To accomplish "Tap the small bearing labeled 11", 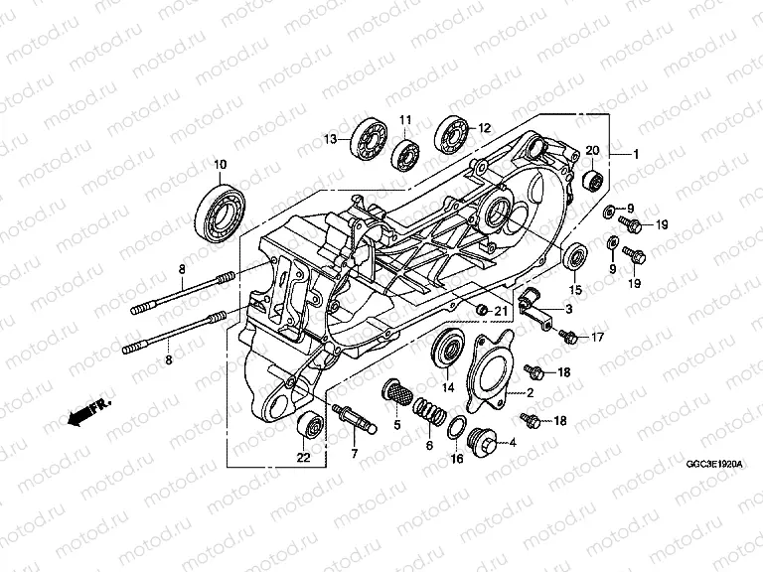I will [405, 153].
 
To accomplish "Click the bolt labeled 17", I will [568, 338].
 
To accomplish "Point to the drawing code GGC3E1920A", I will [713, 463].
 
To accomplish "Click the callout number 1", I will [636, 154].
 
